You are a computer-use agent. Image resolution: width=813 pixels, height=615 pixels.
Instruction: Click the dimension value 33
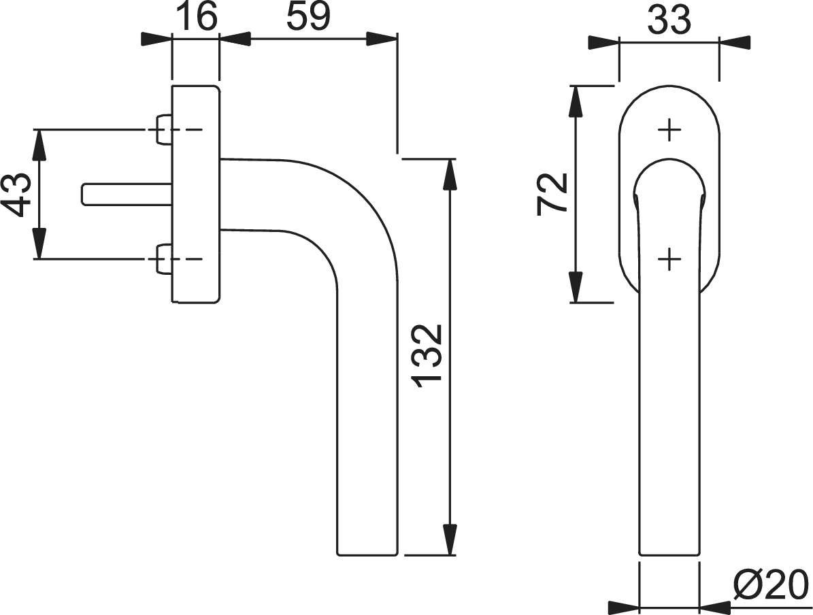pos(669,20)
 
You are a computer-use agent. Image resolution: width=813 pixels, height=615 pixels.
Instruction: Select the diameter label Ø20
pos(771,584)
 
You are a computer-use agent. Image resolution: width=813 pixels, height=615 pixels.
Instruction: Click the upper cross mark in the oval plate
pos(669,129)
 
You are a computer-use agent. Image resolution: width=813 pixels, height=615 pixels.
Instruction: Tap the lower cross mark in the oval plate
pos(669,259)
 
